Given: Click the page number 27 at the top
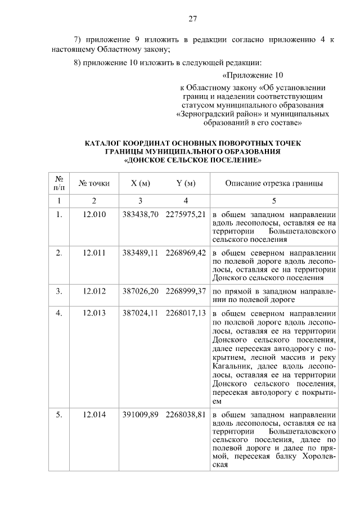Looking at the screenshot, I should coord(192,19).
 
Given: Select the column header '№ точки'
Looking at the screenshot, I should coord(94,183).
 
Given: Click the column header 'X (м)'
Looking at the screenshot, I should coord(140,183).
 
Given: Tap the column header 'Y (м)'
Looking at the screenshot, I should coord(186,183).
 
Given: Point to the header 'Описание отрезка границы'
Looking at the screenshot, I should coord(274,183).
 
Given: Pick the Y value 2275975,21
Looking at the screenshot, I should coord(186,214).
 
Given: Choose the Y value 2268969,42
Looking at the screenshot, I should coord(186,253).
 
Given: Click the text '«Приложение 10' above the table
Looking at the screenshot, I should coord(253,75).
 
